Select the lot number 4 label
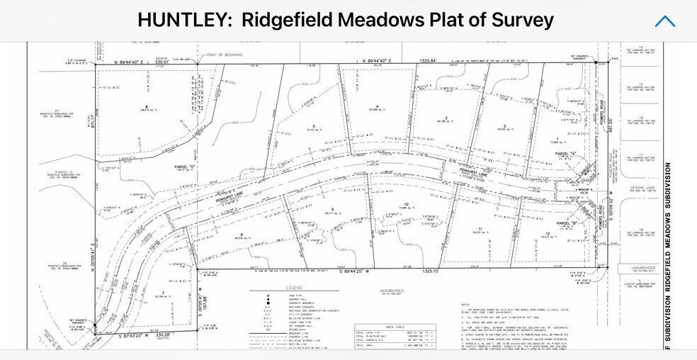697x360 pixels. click(378, 106)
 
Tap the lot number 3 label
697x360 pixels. click(446, 118)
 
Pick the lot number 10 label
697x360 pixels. click(406, 205)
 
